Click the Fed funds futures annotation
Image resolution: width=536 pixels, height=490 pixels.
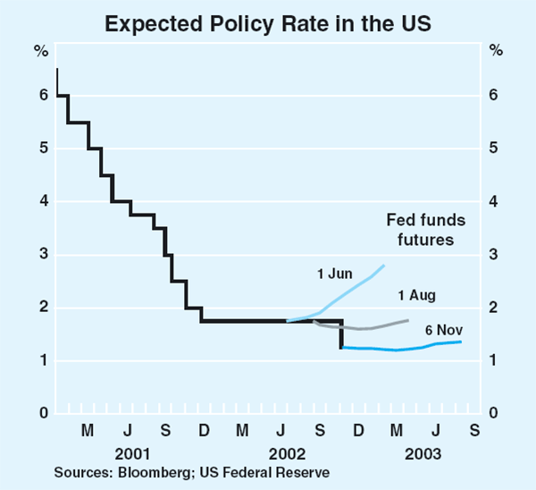[x=421, y=229]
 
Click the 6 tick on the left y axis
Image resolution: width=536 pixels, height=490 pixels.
[x=41, y=96]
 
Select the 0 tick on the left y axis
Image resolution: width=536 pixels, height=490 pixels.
[x=41, y=414]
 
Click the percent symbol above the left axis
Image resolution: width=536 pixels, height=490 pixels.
[x=40, y=48]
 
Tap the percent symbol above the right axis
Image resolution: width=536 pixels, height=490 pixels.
[x=496, y=48]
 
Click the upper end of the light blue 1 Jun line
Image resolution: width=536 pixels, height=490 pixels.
[x=384, y=265]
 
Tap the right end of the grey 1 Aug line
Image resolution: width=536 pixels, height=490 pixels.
[x=408, y=320]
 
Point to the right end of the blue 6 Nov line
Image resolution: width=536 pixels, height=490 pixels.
[x=461, y=342]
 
